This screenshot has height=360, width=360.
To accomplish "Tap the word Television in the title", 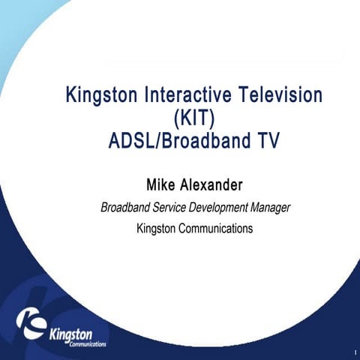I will (280, 96).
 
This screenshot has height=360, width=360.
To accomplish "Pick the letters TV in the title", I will (265, 139).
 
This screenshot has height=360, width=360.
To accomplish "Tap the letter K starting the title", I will (73, 96).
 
